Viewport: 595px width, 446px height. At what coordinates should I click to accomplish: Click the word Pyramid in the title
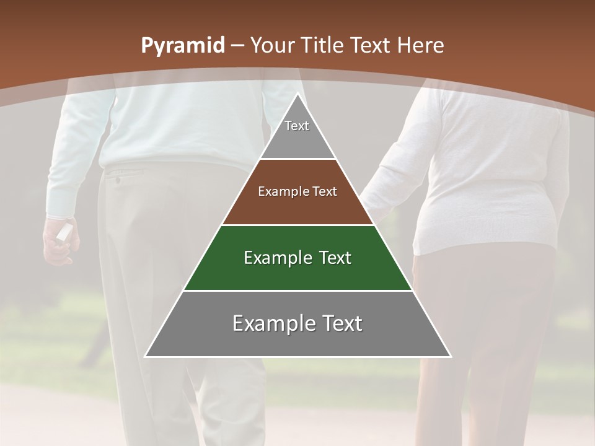tap(182, 46)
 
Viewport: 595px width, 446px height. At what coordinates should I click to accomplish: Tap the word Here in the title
tap(420, 45)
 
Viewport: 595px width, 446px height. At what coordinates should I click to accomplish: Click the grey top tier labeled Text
tap(297, 133)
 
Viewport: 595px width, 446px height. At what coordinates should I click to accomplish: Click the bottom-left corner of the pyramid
tap(146, 356)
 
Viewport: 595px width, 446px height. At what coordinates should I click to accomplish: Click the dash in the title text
tap(237, 46)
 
